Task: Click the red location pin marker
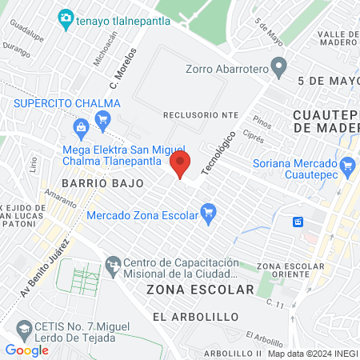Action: [x=181, y=165]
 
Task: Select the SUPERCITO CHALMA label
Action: [x=66, y=104]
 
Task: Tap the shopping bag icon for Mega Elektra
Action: [x=81, y=128]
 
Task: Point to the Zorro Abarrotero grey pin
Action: [x=278, y=68]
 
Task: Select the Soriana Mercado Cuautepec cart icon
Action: [x=346, y=166]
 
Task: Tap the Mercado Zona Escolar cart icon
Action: [x=209, y=214]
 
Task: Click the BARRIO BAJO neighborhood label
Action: [x=106, y=183]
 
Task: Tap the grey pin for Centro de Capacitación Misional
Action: [x=113, y=263]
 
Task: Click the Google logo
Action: [x=26, y=350]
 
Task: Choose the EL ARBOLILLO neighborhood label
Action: [x=195, y=317]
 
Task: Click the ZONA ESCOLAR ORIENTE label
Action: [x=291, y=271]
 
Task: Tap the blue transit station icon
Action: [x=298, y=221]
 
